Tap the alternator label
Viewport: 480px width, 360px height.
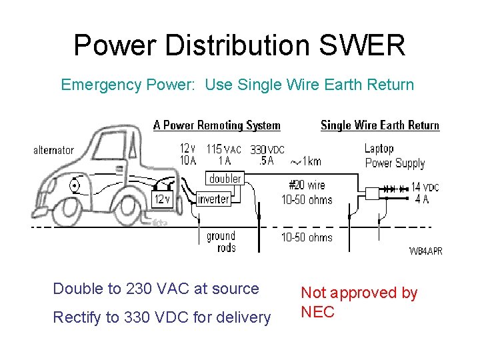[53, 150]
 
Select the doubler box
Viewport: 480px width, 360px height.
[225, 179]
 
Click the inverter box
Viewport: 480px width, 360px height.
[213, 199]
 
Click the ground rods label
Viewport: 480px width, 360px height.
[221, 241]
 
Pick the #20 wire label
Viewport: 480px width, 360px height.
[307, 185]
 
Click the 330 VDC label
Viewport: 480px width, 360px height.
[267, 150]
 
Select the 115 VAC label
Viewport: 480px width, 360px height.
[223, 149]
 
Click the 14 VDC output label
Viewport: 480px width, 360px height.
[425, 187]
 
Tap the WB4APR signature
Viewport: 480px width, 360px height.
[425, 251]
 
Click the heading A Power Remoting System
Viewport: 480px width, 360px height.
[217, 125]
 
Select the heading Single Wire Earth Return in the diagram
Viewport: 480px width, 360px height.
[379, 125]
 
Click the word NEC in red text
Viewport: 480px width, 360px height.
[317, 312]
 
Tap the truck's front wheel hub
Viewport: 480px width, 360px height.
[75, 187]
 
